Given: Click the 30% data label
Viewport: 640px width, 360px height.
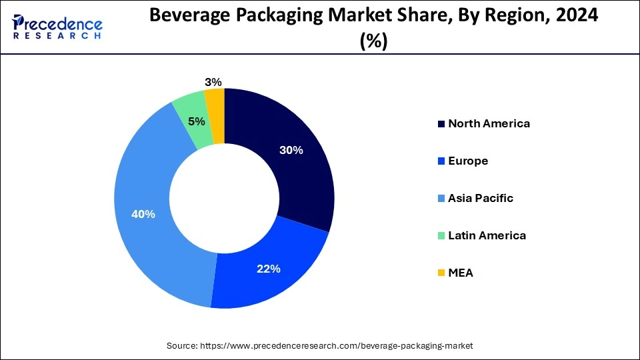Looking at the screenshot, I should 291,151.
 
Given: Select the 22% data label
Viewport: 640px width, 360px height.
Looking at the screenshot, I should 268,269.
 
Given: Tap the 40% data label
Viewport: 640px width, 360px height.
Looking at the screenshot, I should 143,214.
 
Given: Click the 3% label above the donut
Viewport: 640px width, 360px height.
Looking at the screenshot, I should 213,82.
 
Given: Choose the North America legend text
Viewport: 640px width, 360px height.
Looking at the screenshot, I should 489,123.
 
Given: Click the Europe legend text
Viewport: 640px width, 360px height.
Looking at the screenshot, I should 468,161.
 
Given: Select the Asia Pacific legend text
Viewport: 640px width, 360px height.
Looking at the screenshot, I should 480,198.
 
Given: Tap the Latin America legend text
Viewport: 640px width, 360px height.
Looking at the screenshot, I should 487,235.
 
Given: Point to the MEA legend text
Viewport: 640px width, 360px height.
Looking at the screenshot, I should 460,273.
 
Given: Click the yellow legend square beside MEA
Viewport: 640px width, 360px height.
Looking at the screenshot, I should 441,273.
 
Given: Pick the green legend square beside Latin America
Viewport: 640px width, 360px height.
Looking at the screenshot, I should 441,235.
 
